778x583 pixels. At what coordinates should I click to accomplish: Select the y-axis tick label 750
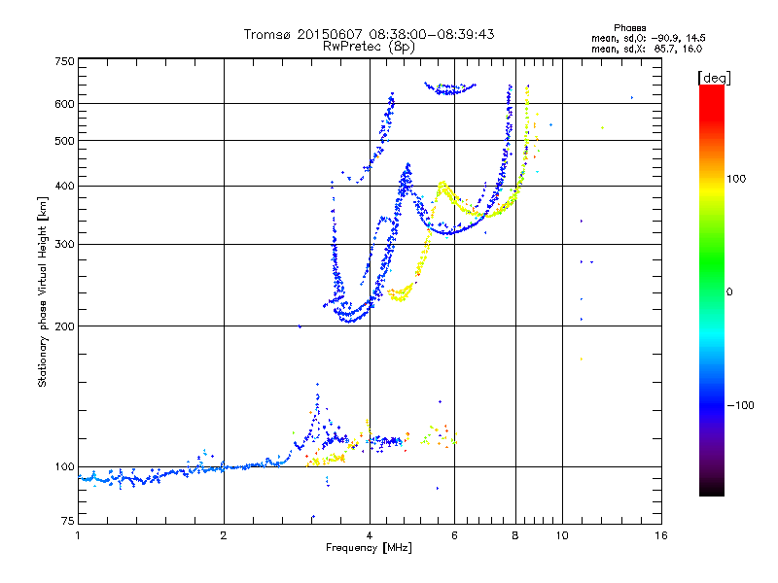pos(64,60)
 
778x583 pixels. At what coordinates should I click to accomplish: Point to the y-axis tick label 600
pos(64,103)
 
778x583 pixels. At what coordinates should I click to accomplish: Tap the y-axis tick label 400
pos(64,186)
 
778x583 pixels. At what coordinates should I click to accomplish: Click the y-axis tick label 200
pos(64,326)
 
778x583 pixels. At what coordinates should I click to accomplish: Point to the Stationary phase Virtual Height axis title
pos(43,291)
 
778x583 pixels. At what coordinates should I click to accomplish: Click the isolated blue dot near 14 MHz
pos(632,97)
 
